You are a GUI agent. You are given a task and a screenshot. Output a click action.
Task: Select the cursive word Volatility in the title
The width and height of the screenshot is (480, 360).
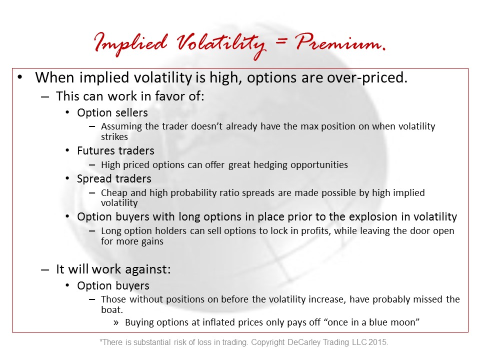pos(221,45)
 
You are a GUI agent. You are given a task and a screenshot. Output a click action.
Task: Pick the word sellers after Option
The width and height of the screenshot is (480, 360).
pos(131,112)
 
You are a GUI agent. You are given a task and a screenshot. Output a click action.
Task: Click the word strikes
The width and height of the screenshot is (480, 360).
pos(114,137)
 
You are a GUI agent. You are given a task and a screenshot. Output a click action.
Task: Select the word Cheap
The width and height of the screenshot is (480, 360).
pos(114,193)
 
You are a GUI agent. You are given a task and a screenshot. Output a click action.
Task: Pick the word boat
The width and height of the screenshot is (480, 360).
pos(112,309)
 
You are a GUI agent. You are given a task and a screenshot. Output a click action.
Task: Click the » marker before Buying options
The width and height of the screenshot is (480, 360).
pos(116,322)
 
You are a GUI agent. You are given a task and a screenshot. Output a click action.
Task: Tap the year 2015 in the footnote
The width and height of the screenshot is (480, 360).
pos(378,342)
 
